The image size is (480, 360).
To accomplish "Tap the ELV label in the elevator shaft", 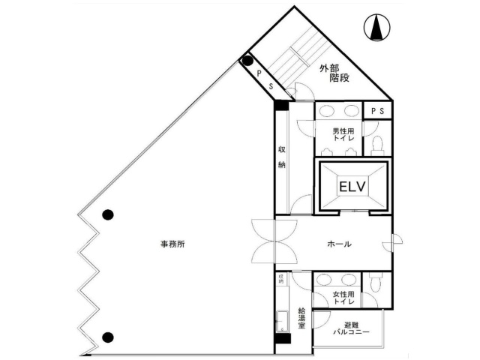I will pyautogui.click(x=351, y=185).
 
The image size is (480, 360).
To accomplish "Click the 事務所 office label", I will pyautogui.click(x=172, y=244).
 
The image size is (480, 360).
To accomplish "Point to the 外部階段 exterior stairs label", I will pyautogui.click(x=333, y=74).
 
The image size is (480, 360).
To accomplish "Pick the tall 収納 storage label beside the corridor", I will pyautogui.click(x=282, y=158).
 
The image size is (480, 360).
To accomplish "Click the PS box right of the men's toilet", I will pyautogui.click(x=377, y=111).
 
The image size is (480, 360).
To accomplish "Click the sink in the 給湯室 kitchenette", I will pyautogui.click(x=283, y=320).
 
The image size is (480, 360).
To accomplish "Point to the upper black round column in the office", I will pyautogui.click(x=108, y=214).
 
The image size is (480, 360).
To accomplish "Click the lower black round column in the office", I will pyautogui.click(x=108, y=337).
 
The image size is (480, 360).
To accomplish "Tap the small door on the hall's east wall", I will pyautogui.click(x=393, y=244).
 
